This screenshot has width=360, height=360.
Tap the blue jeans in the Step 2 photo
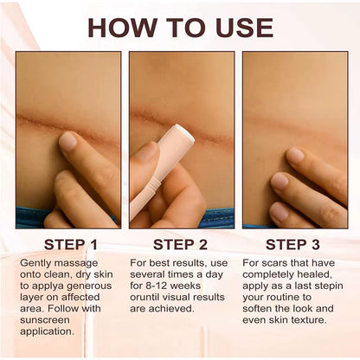216,218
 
